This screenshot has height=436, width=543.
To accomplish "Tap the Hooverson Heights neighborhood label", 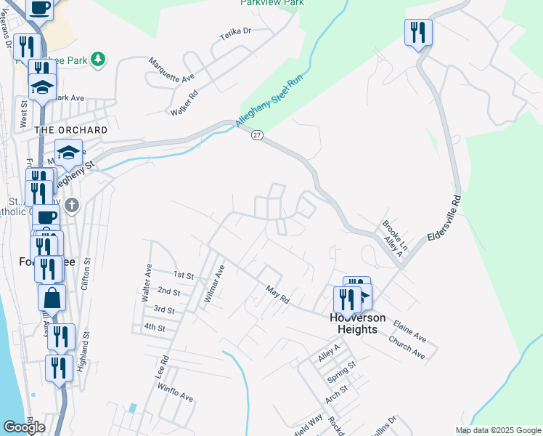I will (x=354, y=323).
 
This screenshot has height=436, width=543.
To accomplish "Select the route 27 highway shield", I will (x=257, y=135).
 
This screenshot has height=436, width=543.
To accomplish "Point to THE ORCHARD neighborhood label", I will (x=72, y=130).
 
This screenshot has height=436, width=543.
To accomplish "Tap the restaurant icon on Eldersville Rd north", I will (x=418, y=32).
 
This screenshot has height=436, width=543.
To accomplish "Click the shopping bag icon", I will (x=52, y=297).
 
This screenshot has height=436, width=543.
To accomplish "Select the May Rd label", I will (x=277, y=294).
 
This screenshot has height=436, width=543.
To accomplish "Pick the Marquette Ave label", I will (x=172, y=70).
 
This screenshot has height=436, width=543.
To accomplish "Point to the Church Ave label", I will (x=406, y=347).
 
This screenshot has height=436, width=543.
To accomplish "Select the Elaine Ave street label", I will (x=409, y=331).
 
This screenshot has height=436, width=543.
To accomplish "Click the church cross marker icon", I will (x=71, y=205).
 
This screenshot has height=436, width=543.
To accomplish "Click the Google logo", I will (x=24, y=427).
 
